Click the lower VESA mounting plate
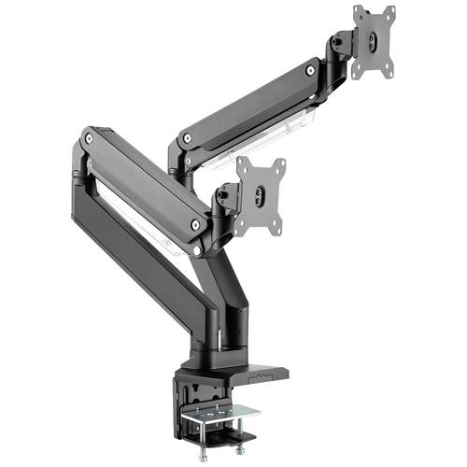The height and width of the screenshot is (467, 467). (x=261, y=194)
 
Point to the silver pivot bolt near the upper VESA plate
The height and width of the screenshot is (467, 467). (x=309, y=70)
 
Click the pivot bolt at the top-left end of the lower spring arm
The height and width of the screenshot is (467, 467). (x=89, y=138)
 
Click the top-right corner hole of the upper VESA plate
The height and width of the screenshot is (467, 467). (x=389, y=11)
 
